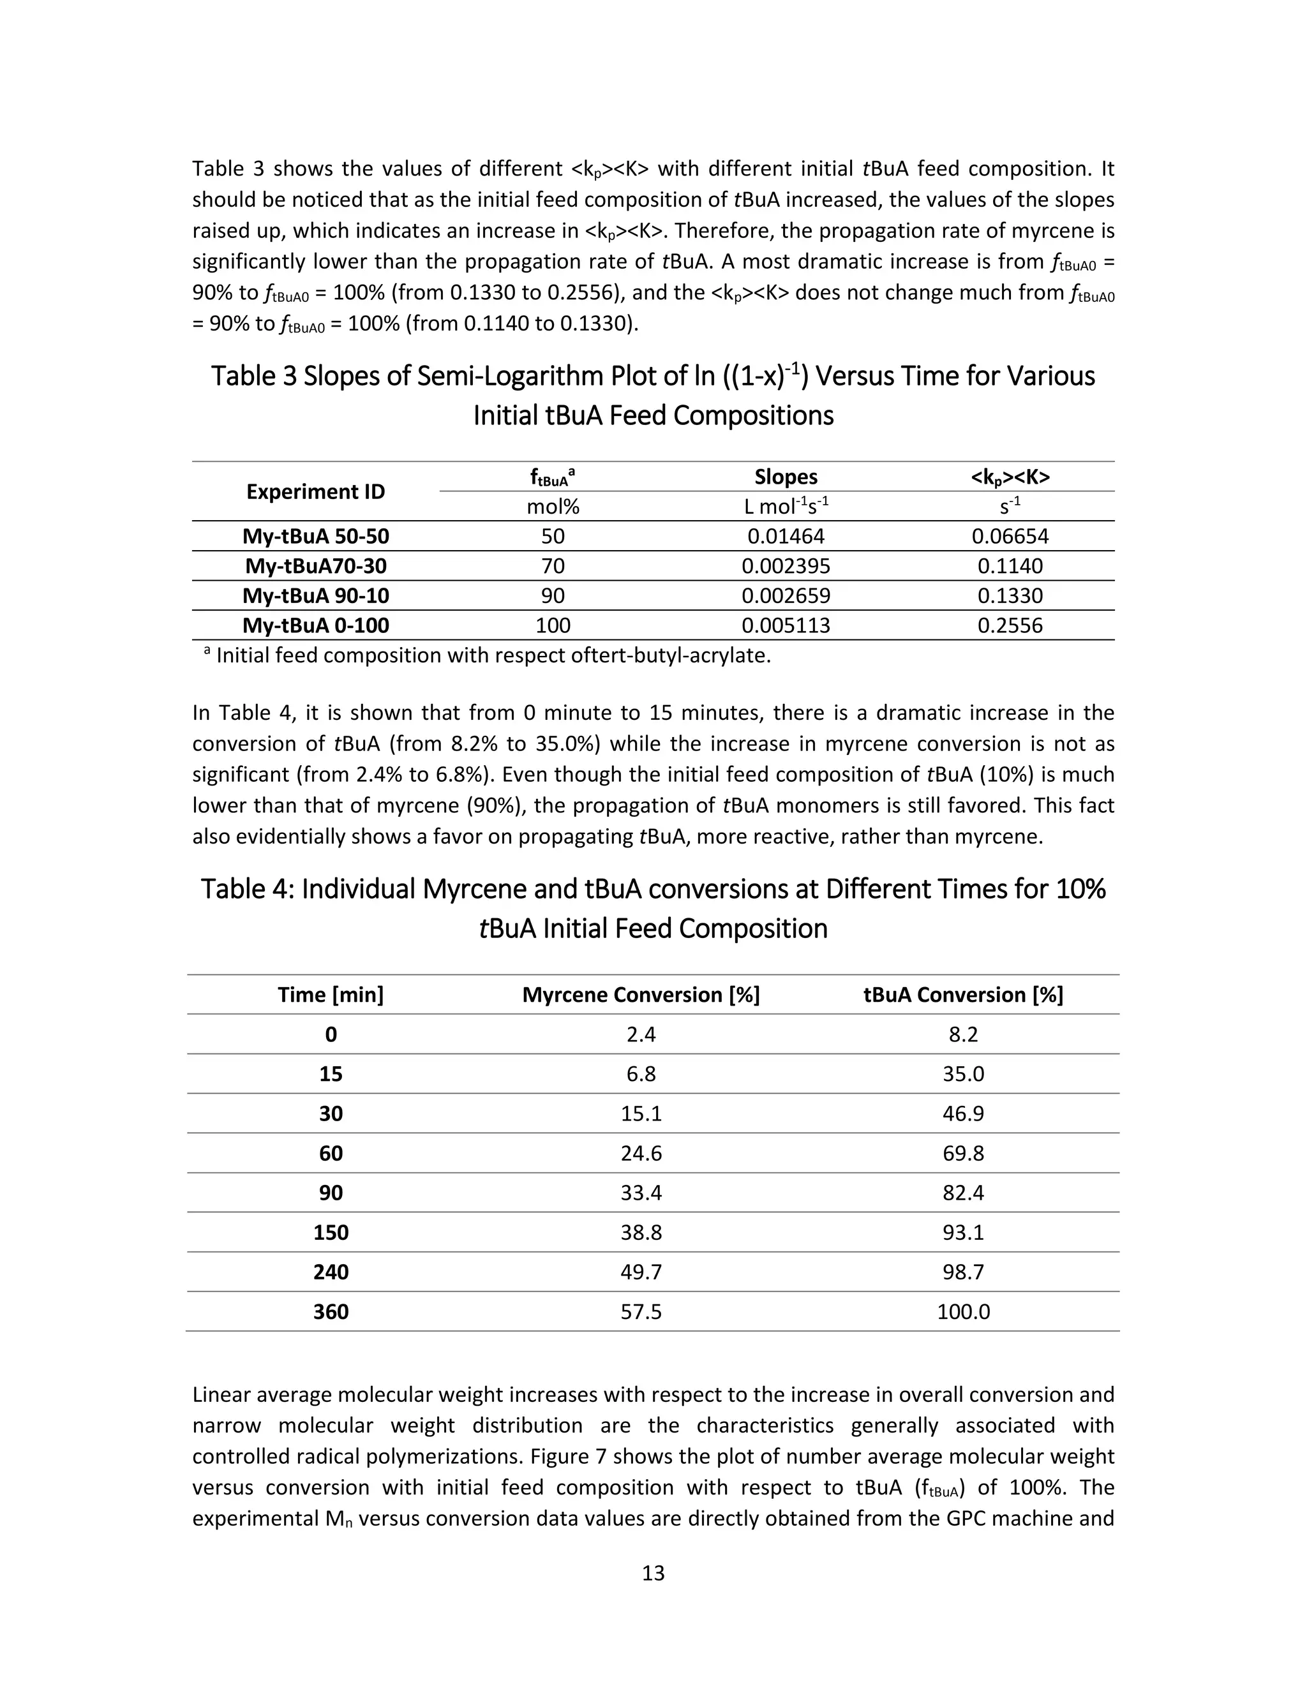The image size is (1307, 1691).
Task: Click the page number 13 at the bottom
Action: (x=653, y=1572)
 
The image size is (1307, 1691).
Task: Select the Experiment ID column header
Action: (x=315, y=491)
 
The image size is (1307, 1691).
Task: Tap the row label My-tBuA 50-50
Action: (x=315, y=537)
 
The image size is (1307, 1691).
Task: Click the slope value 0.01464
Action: (x=785, y=537)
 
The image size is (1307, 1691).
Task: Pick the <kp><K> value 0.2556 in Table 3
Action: (x=1010, y=625)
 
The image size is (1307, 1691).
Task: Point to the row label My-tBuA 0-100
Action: (x=315, y=625)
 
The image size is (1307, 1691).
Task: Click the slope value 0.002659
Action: (x=785, y=596)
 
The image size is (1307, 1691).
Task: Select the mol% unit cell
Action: (x=553, y=507)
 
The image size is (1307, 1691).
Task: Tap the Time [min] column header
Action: (x=331, y=995)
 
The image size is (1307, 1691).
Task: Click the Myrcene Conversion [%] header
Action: (x=640, y=995)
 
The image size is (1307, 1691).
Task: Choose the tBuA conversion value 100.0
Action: (x=963, y=1311)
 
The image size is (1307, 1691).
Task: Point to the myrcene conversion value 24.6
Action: (x=640, y=1154)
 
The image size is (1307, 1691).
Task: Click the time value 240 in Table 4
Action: (x=331, y=1272)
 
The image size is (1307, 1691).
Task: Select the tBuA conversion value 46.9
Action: (x=963, y=1114)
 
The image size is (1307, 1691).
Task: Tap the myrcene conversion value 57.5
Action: (x=640, y=1311)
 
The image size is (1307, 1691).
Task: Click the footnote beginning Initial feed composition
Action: (x=493, y=656)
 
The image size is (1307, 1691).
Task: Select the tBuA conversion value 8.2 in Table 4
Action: (x=963, y=1034)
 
